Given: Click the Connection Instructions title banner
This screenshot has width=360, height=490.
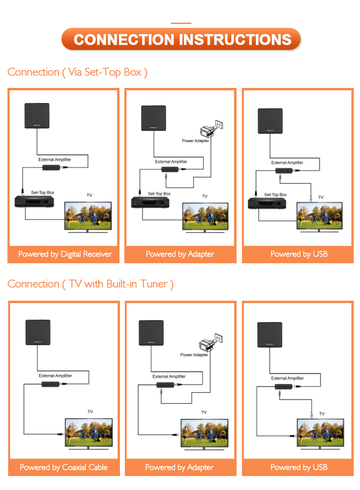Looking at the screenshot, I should (181, 39).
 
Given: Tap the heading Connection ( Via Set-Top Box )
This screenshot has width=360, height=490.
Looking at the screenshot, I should (77, 72).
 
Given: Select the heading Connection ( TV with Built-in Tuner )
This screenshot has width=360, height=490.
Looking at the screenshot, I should (90, 284).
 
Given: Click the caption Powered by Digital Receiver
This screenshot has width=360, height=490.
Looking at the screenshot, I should (65, 254).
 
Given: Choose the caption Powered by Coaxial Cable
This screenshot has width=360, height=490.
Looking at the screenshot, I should (64, 467).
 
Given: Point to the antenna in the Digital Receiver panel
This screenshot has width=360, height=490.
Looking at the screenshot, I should (37, 116).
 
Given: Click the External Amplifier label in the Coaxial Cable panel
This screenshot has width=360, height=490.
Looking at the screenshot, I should (55, 376).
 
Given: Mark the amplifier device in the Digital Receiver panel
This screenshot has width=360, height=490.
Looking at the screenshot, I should (53, 168).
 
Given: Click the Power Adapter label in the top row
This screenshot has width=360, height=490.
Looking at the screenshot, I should (195, 141).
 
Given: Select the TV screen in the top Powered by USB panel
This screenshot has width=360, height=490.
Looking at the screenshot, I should (321, 215).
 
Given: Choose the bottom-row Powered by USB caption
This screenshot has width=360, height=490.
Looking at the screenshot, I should (299, 467).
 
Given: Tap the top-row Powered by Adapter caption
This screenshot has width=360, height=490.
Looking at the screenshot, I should (180, 254).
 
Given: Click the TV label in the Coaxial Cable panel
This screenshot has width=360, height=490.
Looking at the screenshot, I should (90, 412).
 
